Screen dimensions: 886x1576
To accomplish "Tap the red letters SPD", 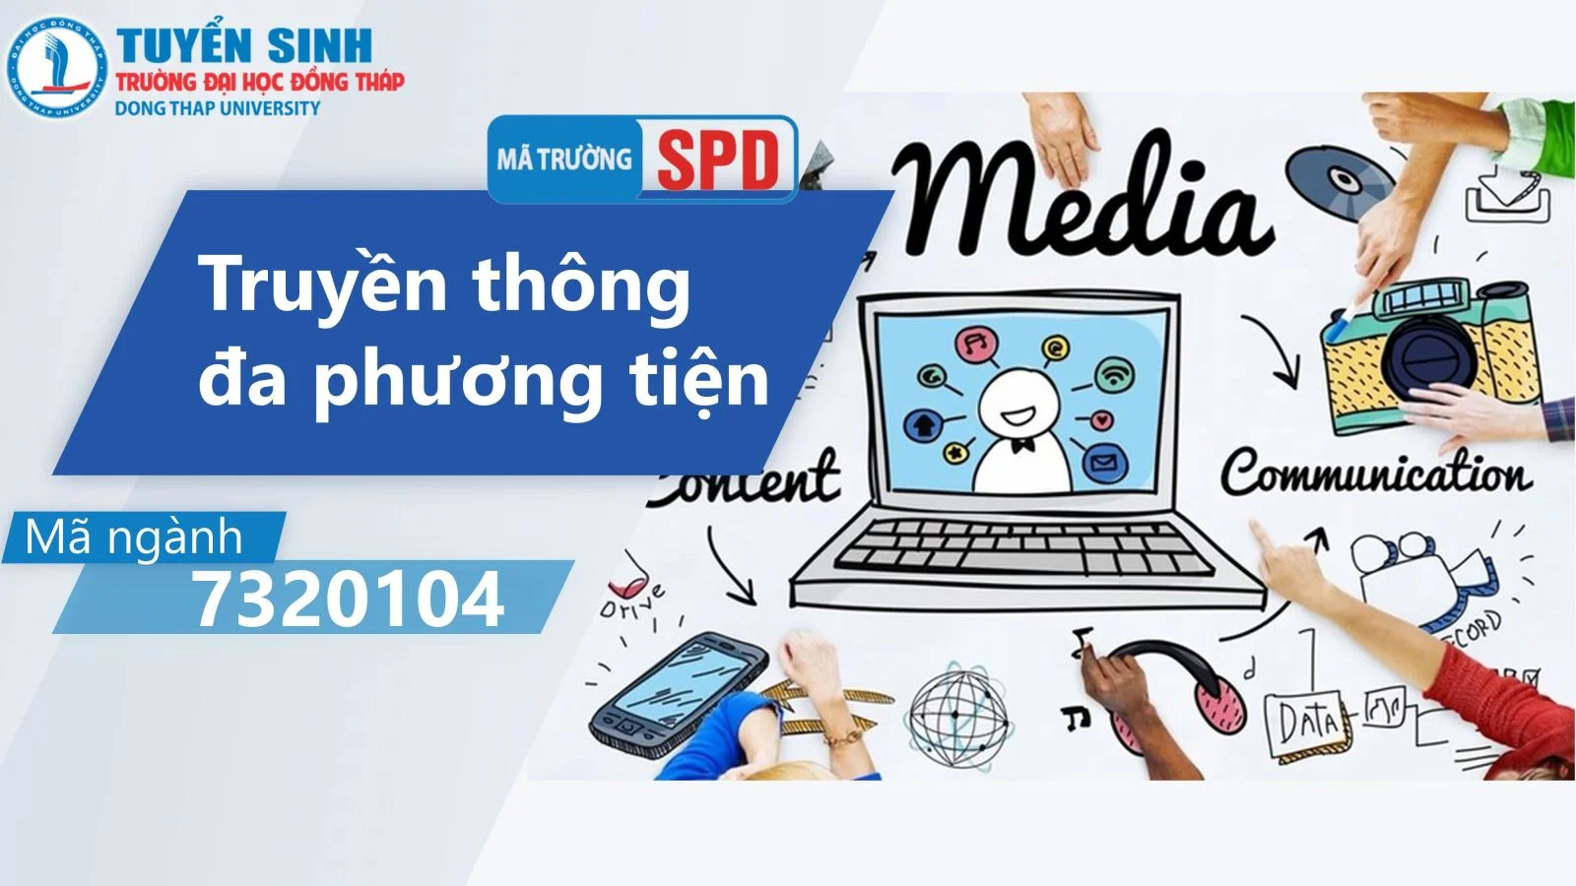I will point(717,159).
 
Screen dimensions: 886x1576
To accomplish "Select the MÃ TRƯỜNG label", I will point(563,158).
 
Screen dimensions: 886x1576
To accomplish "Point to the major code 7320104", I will point(348,599).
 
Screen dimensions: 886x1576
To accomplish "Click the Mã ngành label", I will point(134,538).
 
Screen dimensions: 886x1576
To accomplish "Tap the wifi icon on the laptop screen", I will point(1114,374).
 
